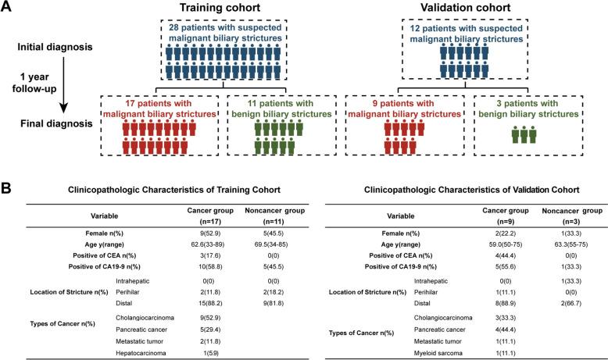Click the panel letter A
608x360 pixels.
pos(7,7)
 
